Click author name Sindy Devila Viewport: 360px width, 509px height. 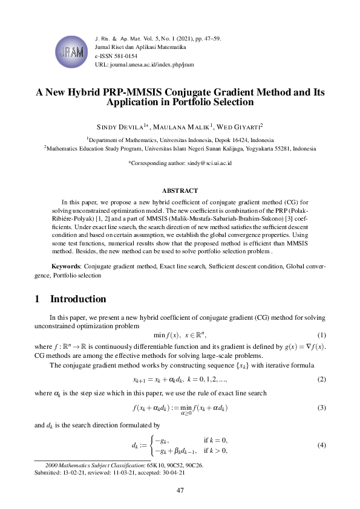116,127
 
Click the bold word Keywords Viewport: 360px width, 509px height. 65,265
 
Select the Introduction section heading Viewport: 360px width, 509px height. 78,299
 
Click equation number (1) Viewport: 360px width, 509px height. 322,335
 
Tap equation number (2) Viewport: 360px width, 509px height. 322,380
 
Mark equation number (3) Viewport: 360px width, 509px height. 322,407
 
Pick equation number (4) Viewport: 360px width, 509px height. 322,446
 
